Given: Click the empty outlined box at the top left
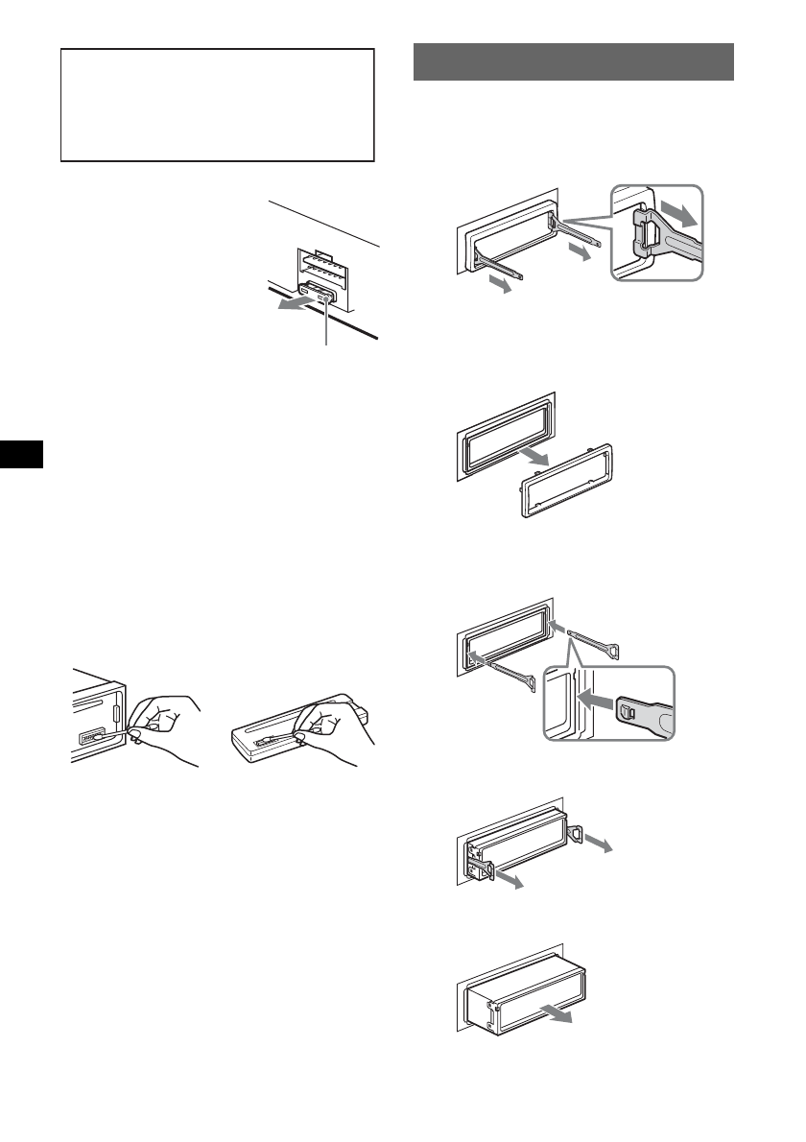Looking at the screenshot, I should click(x=217, y=106).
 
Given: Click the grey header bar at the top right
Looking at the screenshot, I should click(x=573, y=62).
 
